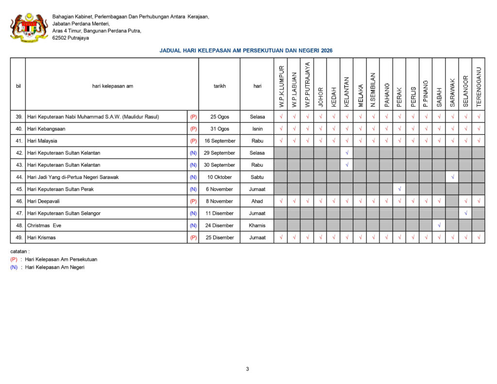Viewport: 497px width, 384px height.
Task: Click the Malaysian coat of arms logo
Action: coord(29,27)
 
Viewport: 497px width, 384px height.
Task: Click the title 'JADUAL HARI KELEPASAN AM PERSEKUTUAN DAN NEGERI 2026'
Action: coord(246,50)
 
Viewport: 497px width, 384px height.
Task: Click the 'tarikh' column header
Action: coord(219,86)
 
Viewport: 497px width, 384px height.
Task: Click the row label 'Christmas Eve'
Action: coord(44,225)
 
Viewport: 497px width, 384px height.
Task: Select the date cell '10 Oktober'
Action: coord(219,177)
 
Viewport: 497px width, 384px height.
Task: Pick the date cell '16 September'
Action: coord(219,141)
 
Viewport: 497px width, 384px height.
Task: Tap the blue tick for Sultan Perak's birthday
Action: coord(399,189)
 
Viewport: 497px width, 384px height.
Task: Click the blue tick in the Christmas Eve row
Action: coord(439,225)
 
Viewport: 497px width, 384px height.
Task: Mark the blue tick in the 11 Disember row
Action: coord(465,213)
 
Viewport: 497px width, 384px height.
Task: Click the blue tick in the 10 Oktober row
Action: coord(452,177)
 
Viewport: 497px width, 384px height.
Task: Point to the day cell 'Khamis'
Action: coord(257,225)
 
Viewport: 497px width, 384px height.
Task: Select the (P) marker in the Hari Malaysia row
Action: coord(193,141)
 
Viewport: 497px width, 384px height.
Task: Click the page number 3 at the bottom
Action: coord(248,369)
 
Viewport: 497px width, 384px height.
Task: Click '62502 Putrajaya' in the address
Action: coord(70,38)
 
